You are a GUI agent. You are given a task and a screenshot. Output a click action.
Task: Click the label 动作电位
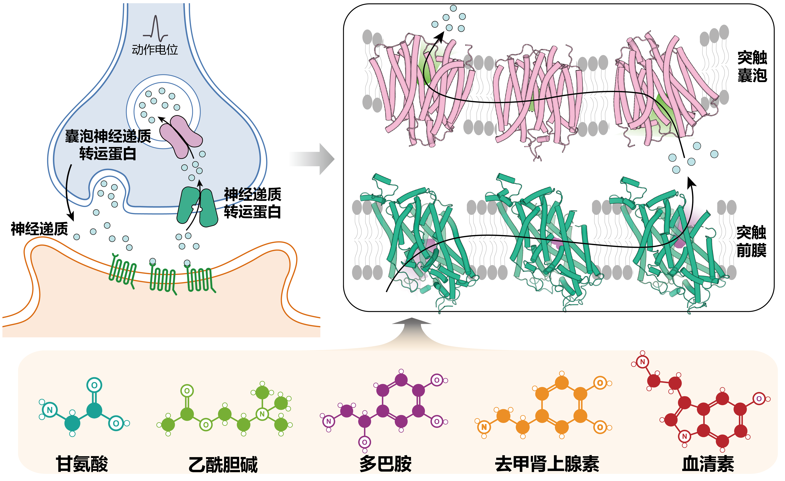[155, 50]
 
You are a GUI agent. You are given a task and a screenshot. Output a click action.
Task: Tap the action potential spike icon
[156, 29]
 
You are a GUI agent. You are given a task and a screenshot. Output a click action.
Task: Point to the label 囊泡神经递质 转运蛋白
[108, 145]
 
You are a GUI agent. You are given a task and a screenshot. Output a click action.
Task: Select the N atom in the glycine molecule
[50, 410]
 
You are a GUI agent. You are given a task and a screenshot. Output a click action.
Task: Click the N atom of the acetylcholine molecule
[262, 414]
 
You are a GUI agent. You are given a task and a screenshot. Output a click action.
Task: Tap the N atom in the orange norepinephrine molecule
[484, 427]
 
